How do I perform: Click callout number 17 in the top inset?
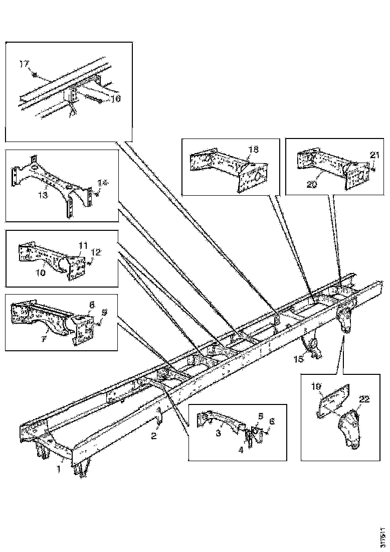(x=24, y=64)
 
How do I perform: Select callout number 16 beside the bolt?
(x=115, y=99)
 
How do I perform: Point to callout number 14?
(x=102, y=183)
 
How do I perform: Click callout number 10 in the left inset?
(x=41, y=273)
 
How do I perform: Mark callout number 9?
(x=103, y=312)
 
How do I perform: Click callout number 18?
(x=254, y=150)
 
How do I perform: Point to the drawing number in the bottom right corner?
(x=383, y=536)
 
